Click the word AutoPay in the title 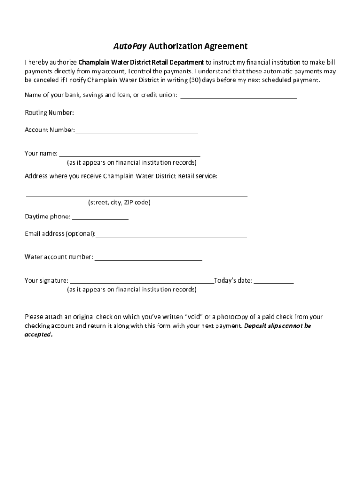point(129,46)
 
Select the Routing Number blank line point(135,114)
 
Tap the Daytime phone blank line point(100,218)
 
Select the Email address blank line point(171,235)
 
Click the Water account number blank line point(149,258)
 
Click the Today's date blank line point(274,282)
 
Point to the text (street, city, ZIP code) point(119,203)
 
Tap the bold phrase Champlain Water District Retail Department point(141,62)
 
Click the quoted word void point(194,317)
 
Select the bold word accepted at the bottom point(38,335)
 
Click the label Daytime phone point(47,217)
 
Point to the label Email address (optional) point(60,233)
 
